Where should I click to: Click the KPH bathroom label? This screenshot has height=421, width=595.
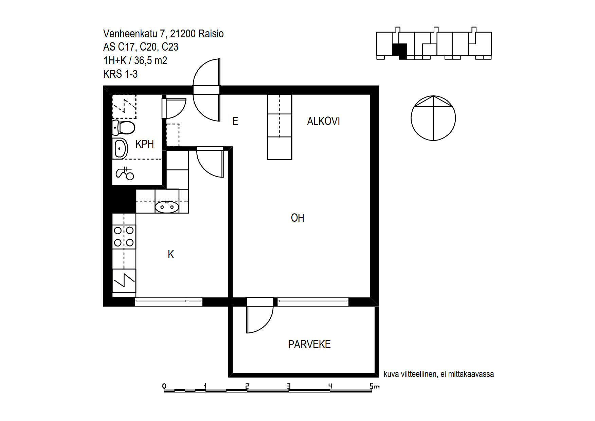(x=144, y=144)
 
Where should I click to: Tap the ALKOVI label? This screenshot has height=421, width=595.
(x=323, y=121)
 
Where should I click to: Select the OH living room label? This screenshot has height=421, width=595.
(x=297, y=218)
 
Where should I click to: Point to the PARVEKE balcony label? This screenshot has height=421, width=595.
(x=309, y=344)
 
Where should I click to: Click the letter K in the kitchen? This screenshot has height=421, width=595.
(x=171, y=254)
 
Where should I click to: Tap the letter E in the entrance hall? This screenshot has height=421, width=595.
(x=235, y=121)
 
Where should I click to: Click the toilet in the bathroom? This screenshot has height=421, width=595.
(x=123, y=128)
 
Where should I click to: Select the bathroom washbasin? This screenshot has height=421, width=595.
(x=120, y=148)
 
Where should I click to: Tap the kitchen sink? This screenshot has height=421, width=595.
(x=167, y=207)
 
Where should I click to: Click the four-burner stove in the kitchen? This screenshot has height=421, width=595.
(x=124, y=237)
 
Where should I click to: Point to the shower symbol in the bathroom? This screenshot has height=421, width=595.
(x=125, y=173)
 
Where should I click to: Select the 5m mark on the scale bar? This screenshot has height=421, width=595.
(x=374, y=386)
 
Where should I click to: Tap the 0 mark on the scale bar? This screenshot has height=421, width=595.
(x=164, y=386)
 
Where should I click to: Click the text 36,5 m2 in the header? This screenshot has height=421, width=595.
(x=150, y=60)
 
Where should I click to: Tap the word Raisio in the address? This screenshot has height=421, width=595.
(x=211, y=34)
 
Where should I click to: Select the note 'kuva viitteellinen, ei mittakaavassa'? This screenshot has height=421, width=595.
(x=439, y=374)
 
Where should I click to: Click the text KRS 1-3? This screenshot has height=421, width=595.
(x=120, y=74)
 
